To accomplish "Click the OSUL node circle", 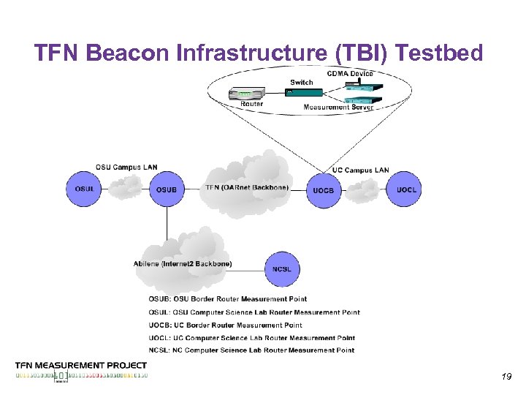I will pos(84,189).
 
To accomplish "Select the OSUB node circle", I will pos(167,189).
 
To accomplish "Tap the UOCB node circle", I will pos(324,190).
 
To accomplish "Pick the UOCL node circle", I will pos(406,189).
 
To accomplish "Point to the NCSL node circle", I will pos(282,269).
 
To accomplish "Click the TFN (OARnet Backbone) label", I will pos(247,187).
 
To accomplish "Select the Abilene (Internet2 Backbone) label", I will pos(183,263).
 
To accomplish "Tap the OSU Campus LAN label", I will pos(126,168).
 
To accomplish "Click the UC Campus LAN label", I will pos(360,170).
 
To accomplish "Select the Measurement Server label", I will pos(338,108).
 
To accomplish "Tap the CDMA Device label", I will pos(350,73).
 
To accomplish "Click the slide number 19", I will pos(506,377).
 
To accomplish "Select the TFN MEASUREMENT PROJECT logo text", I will pos(81,365).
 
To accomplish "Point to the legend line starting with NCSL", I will pos(251,350).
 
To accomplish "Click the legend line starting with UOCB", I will pos(225,325).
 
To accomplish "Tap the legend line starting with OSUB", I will pos(227,298).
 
